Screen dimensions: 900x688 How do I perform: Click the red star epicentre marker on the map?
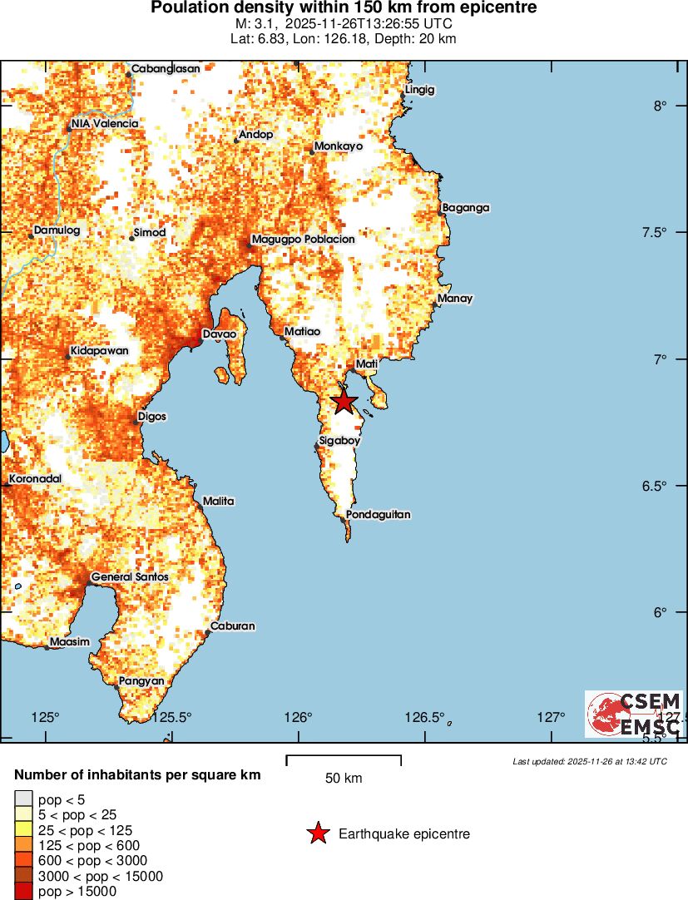[x=344, y=402]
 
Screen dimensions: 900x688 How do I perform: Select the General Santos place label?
[x=130, y=576]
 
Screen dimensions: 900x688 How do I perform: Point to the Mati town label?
[x=367, y=364]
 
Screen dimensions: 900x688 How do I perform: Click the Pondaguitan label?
[x=378, y=515]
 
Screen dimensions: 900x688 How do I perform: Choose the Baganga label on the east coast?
[x=466, y=207]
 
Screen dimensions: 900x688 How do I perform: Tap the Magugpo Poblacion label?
[x=303, y=239]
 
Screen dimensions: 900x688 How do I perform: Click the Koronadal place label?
[x=36, y=479]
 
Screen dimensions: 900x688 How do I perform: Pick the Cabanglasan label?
[x=166, y=68]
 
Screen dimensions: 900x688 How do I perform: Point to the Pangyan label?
[x=141, y=680]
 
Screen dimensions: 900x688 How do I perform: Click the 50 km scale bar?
[x=344, y=760]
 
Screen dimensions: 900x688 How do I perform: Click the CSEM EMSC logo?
[x=634, y=714]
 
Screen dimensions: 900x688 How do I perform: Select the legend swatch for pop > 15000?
[x=23, y=892]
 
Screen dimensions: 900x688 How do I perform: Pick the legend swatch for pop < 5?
[x=23, y=799]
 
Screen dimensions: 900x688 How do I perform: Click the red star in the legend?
[x=318, y=833]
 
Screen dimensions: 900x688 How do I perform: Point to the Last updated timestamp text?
[x=590, y=761]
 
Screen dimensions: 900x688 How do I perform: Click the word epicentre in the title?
[x=497, y=8]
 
